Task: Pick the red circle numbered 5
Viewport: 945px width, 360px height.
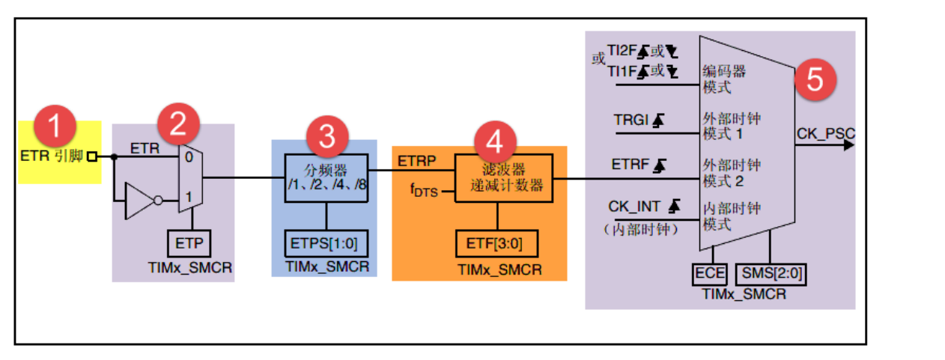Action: pyautogui.click(x=814, y=79)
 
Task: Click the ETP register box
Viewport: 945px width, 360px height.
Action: pyautogui.click(x=189, y=243)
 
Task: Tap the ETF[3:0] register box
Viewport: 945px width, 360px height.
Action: pyautogui.click(x=496, y=243)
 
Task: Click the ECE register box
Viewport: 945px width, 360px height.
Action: pyautogui.click(x=711, y=273)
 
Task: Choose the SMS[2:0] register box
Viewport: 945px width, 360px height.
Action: pyautogui.click(x=771, y=273)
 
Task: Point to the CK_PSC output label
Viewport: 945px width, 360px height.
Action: pyautogui.click(x=825, y=133)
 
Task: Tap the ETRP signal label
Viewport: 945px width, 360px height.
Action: pyautogui.click(x=414, y=160)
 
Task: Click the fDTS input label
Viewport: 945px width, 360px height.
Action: pyautogui.click(x=424, y=192)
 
